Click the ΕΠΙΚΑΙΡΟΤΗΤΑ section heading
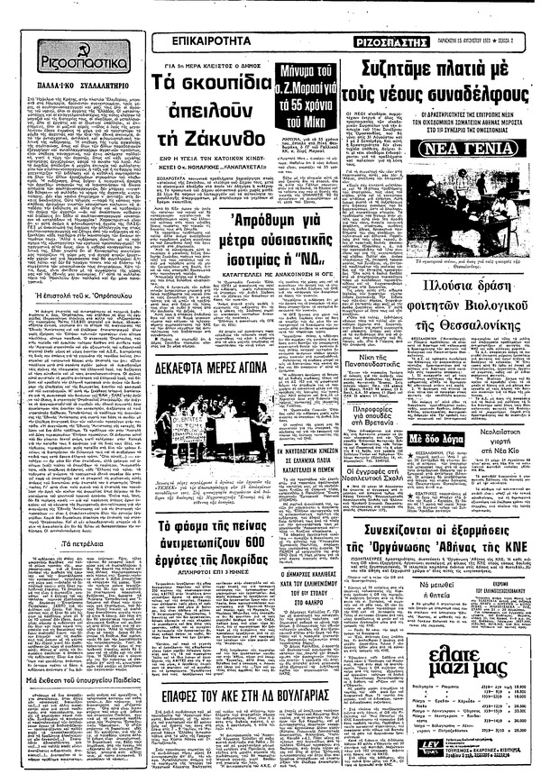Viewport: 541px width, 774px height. click(x=204, y=42)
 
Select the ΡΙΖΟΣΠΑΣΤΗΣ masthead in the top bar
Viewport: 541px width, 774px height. click(x=399, y=42)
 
